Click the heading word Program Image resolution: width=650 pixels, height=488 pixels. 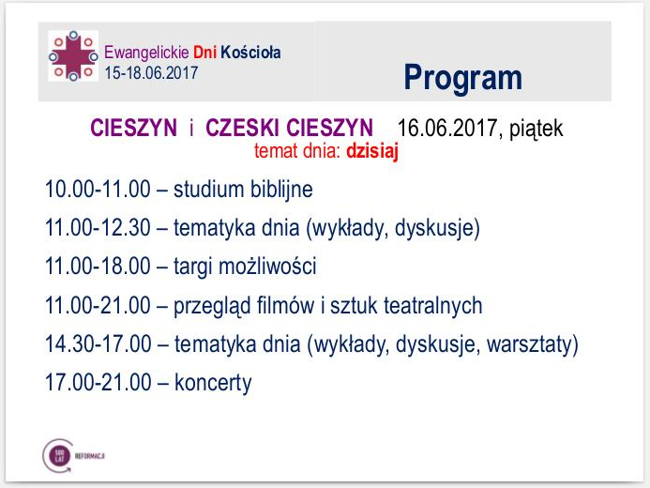click(462, 77)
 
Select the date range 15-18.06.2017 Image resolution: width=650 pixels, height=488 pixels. click(151, 72)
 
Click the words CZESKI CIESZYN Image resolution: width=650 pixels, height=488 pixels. click(289, 129)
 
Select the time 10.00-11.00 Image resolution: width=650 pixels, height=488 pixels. click(98, 189)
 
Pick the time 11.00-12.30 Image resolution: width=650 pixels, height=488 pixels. click(98, 227)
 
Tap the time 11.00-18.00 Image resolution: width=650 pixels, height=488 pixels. click(98, 267)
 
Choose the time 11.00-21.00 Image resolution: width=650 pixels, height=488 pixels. click(98, 305)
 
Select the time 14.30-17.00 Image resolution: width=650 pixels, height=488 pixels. click(98, 344)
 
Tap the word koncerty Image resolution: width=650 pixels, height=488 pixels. click(213, 383)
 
